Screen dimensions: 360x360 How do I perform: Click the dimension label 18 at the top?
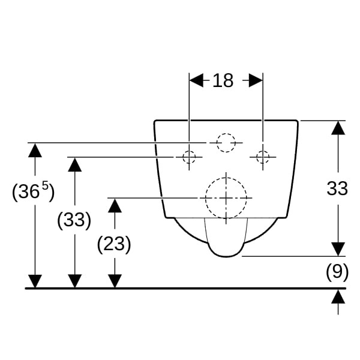click(x=223, y=80)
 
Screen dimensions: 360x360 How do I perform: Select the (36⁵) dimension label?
click(x=33, y=191)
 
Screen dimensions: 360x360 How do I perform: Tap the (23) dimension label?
click(x=114, y=244)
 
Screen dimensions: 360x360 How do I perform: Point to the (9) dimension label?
click(x=337, y=272)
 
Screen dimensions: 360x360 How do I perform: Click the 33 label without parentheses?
click(x=337, y=188)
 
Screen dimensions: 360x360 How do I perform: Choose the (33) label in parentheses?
click(x=74, y=220)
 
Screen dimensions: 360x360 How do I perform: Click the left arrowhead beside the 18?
click(x=196, y=80)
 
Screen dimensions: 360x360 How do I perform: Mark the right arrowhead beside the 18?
click(x=256, y=80)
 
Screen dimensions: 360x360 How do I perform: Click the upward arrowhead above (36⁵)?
click(x=35, y=150)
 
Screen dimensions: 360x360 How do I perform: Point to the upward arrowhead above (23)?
click(x=115, y=205)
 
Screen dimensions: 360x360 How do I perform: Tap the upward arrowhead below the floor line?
click(x=338, y=296)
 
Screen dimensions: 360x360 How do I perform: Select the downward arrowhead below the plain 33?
click(x=338, y=249)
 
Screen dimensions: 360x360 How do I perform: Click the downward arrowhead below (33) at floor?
click(x=75, y=281)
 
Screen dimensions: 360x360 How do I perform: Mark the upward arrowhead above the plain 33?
click(x=338, y=128)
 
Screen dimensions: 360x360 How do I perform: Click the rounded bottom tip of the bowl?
click(x=226, y=256)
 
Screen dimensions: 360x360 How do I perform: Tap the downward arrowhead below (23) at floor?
click(x=115, y=281)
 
